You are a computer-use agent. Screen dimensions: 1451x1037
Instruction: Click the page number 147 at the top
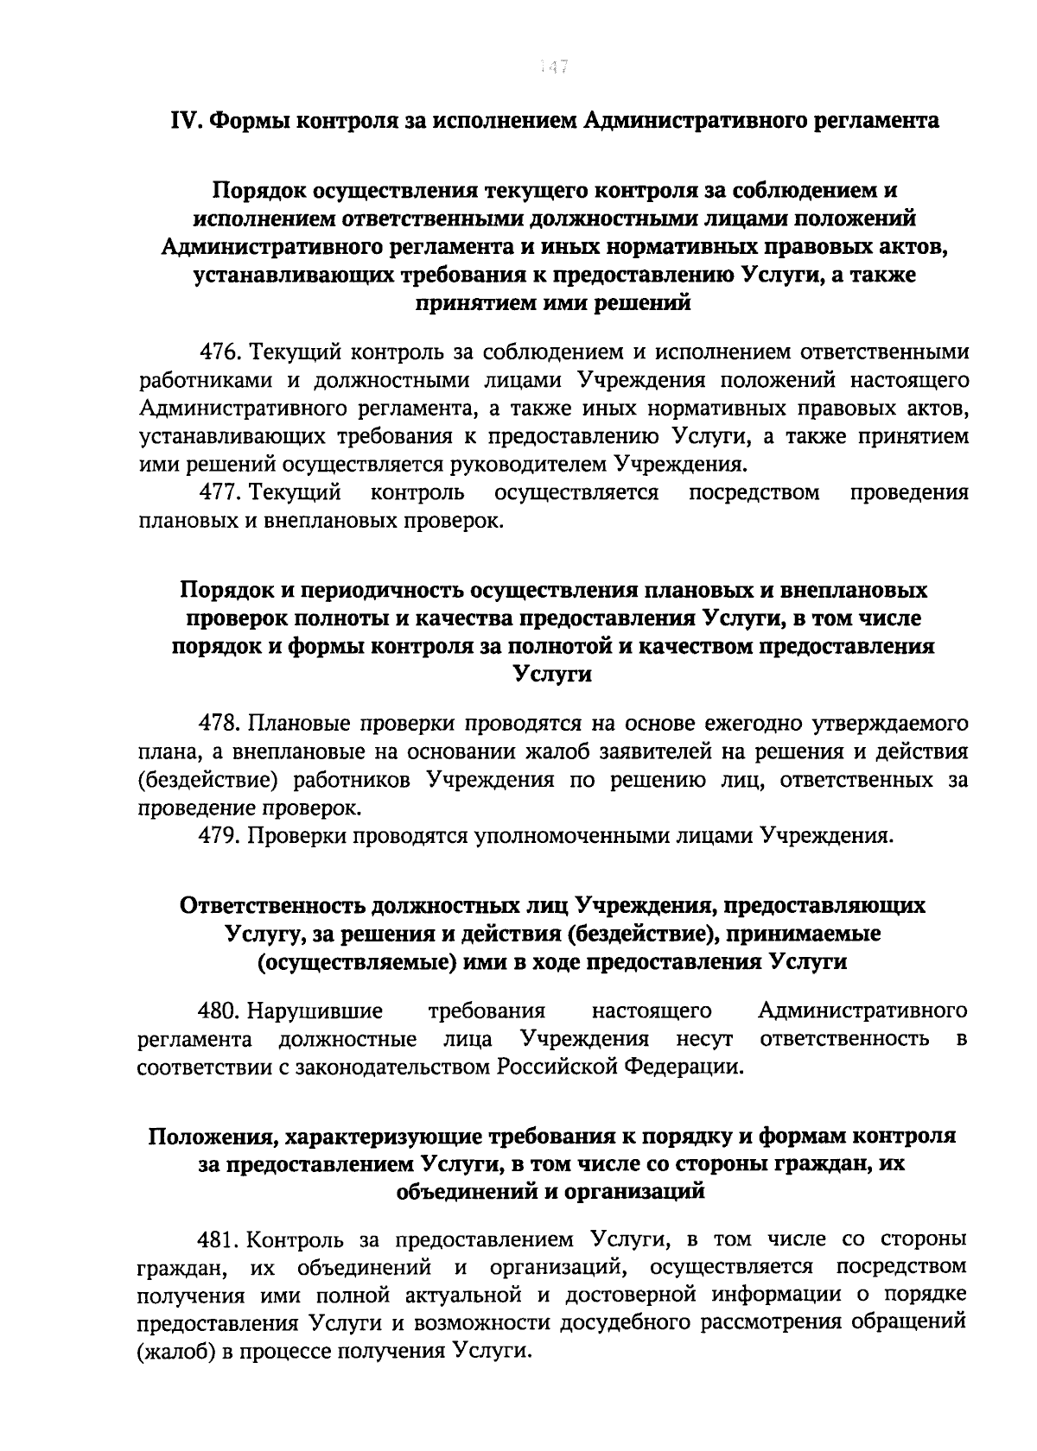click(x=552, y=67)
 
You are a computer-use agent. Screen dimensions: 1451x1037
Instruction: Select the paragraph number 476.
click(x=220, y=352)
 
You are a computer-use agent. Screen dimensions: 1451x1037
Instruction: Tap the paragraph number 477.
click(x=220, y=493)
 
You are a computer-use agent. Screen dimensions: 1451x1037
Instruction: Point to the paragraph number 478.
click(x=220, y=723)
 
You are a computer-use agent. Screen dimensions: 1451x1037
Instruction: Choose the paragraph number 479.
click(x=220, y=835)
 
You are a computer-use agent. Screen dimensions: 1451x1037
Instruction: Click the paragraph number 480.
click(x=220, y=1010)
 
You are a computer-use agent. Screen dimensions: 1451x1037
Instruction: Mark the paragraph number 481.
click(x=220, y=1239)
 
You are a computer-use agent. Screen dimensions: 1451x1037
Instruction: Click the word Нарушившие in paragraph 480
click(x=315, y=1010)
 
